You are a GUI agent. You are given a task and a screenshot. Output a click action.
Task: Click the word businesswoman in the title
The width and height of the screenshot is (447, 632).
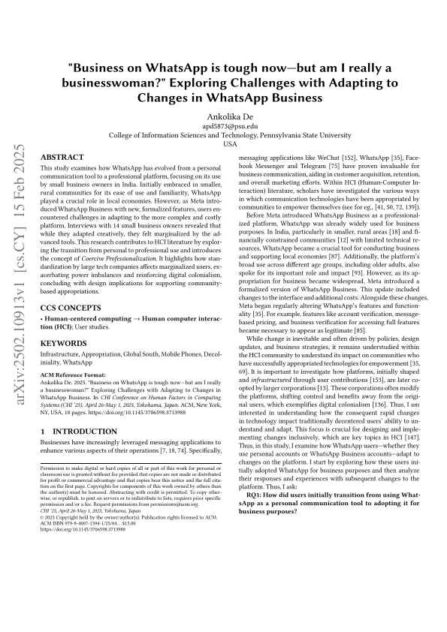pyautogui.click(x=137, y=83)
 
